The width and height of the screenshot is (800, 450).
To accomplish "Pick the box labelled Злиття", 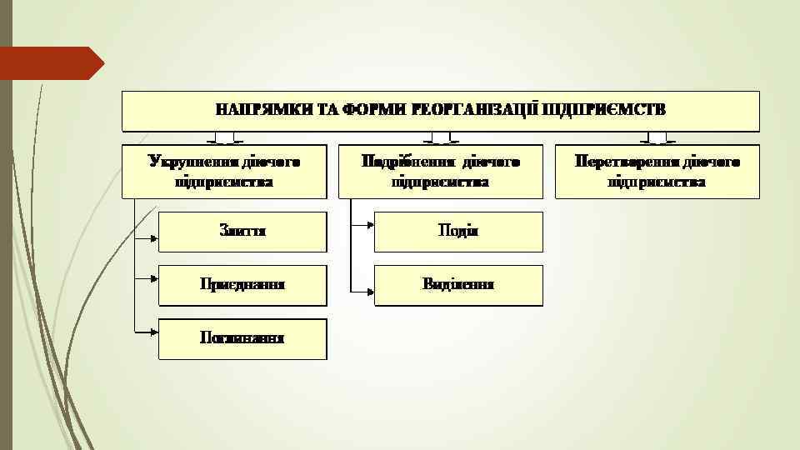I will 242,231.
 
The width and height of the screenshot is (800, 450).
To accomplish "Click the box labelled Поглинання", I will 242,338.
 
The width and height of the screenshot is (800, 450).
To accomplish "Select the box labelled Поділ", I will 458,231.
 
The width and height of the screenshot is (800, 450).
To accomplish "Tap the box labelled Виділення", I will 458,285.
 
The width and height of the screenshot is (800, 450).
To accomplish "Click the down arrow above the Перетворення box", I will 657,138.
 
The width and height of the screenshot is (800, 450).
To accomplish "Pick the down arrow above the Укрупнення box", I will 224,138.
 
